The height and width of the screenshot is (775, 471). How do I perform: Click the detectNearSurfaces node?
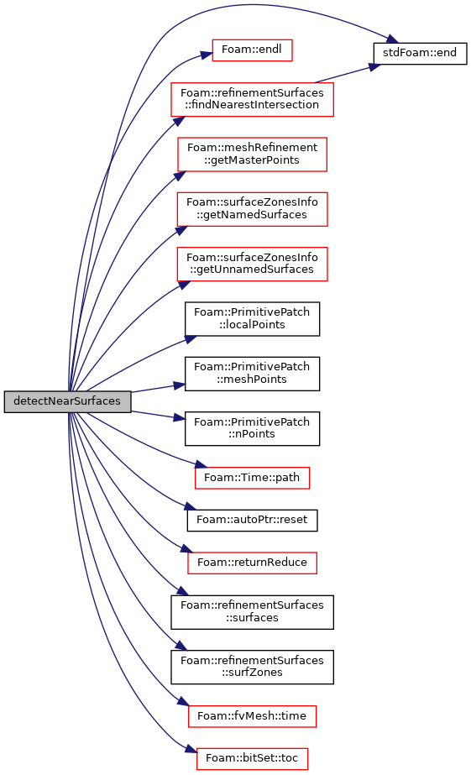(x=68, y=401)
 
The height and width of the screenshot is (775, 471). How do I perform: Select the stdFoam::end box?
(x=420, y=53)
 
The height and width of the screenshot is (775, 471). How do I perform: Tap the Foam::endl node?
(x=252, y=50)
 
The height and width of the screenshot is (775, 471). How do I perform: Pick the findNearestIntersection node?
(x=252, y=99)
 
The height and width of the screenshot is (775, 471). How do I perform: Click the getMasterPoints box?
(x=252, y=154)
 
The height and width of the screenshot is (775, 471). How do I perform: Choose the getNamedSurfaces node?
(x=252, y=209)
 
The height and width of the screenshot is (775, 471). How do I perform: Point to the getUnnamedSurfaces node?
(x=252, y=264)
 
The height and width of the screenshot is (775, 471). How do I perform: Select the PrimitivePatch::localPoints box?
(x=252, y=319)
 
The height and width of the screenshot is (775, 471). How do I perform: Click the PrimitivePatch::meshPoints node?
(x=252, y=374)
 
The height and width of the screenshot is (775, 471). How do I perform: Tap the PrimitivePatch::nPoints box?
(x=252, y=428)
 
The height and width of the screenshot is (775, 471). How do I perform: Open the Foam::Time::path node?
(x=252, y=478)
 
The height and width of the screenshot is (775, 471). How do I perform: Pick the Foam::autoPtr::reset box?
(x=252, y=521)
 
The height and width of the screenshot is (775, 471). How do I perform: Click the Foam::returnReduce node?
(x=252, y=563)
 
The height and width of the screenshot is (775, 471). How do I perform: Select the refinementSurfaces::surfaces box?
(x=252, y=612)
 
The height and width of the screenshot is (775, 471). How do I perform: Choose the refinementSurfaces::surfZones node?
(x=252, y=667)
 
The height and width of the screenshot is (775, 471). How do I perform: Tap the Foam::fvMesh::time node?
(x=252, y=716)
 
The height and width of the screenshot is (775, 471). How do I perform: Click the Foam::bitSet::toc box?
(x=252, y=759)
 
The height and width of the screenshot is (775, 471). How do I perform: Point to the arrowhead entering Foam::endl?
(x=207, y=55)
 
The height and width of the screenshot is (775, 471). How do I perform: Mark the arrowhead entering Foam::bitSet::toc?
(x=191, y=751)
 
